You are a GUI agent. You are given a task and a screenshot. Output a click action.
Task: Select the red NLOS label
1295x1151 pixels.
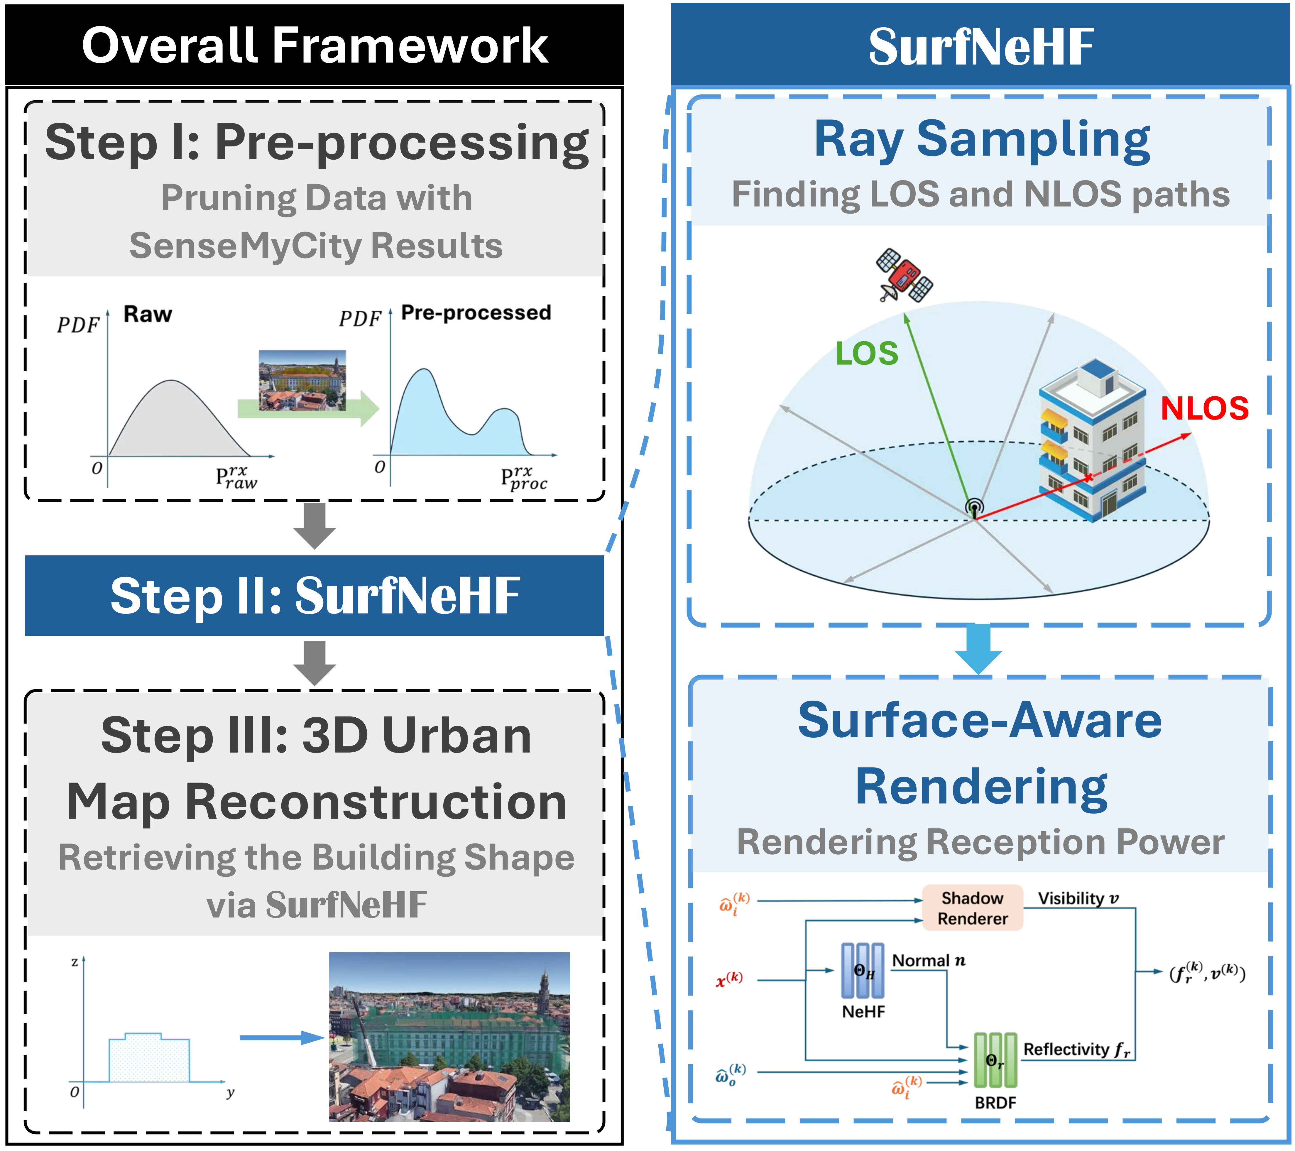point(1204,409)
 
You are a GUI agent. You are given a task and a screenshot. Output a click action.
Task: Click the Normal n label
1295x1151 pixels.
point(928,961)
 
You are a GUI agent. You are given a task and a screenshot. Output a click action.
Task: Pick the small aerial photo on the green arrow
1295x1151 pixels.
point(302,380)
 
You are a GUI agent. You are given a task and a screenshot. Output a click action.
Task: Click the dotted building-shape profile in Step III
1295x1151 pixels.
point(149,1059)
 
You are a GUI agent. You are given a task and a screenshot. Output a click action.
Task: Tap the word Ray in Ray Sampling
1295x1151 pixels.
point(858,141)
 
